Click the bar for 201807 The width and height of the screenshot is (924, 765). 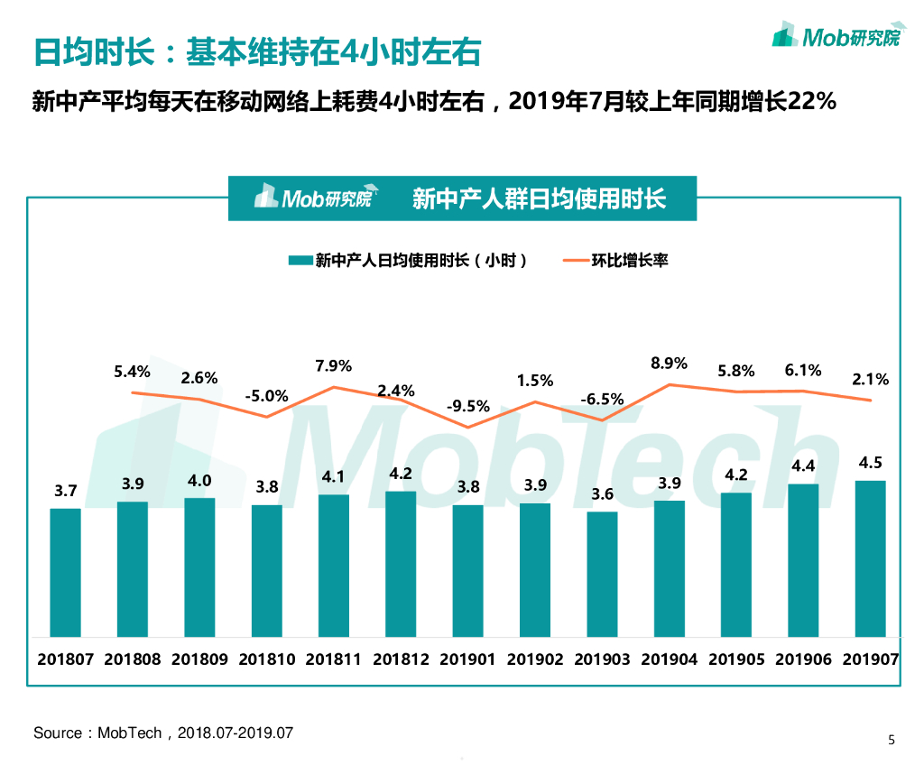tap(65, 573)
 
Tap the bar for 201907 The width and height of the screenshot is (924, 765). tap(870, 559)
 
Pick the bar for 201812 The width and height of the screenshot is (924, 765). tap(401, 565)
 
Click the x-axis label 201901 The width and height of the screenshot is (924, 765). tap(467, 659)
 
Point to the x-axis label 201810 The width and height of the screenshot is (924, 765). tap(266, 659)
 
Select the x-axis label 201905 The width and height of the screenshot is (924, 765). tap(735, 659)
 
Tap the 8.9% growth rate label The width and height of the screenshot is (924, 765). tap(669, 364)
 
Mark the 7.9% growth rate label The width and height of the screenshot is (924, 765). tap(334, 366)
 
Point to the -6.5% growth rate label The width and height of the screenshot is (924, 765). tap(601, 399)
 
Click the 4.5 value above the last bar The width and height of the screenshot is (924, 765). tap(871, 464)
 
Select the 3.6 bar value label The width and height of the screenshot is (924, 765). tap(602, 494)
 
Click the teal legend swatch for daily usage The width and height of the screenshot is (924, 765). tap(300, 261)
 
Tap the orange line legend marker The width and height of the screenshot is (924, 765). tap(575, 261)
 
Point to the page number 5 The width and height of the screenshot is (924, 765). tap(892, 741)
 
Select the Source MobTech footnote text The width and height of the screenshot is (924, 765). tap(163, 733)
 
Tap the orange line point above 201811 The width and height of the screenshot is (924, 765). tap(334, 387)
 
